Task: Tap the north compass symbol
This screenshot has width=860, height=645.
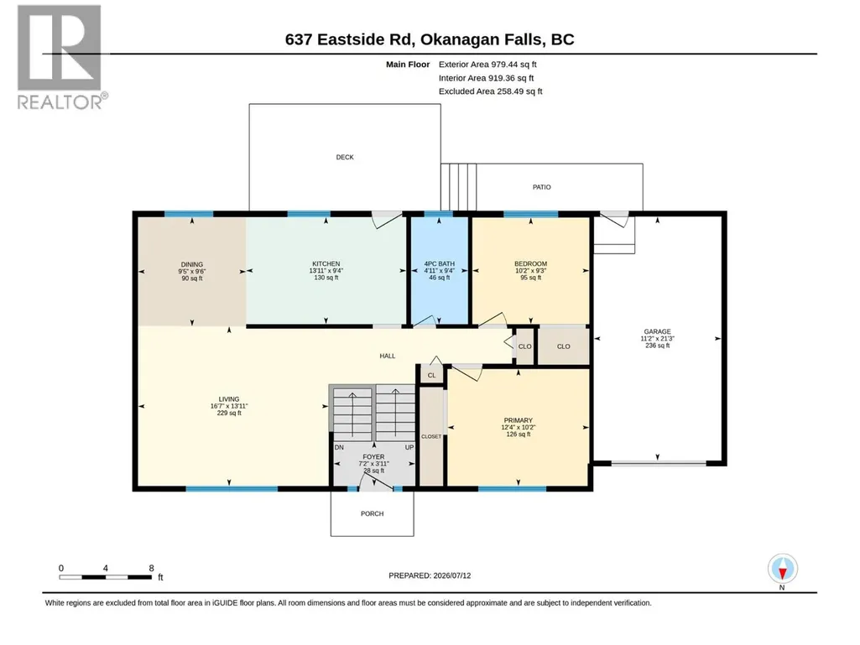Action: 782,570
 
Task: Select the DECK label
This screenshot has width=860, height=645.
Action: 345,158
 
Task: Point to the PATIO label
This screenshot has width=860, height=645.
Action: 542,188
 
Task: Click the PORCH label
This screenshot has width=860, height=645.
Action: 373,514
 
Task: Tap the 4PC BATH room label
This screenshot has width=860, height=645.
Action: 440,264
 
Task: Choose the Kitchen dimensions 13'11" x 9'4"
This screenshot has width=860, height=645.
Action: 326,271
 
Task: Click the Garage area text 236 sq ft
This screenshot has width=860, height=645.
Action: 658,346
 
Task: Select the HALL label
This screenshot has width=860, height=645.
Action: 388,356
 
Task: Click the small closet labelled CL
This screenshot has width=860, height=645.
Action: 431,375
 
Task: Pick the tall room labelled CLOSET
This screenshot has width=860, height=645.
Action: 431,437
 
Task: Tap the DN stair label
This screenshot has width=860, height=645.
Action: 340,448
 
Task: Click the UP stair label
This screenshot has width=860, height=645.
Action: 409,448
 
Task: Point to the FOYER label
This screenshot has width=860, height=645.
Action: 373,457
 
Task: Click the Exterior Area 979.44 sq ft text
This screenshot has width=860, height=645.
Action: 487,65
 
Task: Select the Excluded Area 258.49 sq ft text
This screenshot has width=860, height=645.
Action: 490,91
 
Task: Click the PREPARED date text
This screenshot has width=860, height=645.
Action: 430,576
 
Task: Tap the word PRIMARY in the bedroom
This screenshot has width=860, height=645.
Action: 519,421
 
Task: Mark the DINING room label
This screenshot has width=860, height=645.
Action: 192,264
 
